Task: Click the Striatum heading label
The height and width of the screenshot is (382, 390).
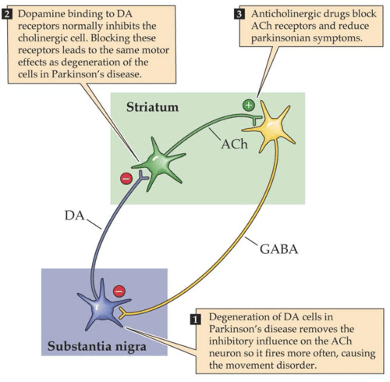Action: [x=152, y=107]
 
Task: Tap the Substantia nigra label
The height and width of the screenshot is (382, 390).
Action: [x=97, y=346]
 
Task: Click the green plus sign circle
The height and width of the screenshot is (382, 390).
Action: [x=249, y=105]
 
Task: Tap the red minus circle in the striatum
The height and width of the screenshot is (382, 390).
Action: [x=126, y=179]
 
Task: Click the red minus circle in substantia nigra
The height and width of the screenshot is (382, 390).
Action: [x=119, y=291]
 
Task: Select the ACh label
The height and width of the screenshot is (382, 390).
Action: [x=234, y=145]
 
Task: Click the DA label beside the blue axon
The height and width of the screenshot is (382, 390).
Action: [x=74, y=216]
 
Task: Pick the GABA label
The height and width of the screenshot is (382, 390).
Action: [x=279, y=249]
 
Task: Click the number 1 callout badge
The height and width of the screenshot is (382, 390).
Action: [x=195, y=319]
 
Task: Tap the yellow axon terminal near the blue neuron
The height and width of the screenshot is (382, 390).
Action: [x=122, y=313]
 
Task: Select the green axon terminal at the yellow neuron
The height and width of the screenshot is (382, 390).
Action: [x=256, y=119]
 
